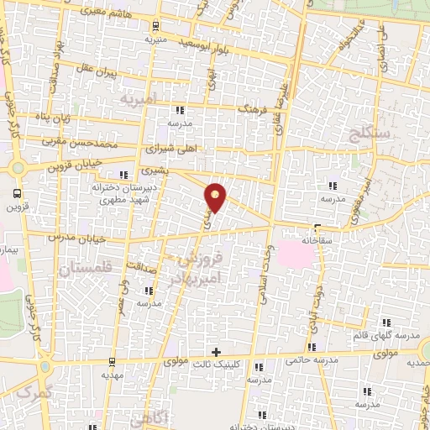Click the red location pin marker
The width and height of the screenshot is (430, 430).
[x=217, y=197]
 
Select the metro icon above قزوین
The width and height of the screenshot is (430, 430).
[x=16, y=189]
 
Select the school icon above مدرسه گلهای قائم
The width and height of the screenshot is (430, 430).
[x=386, y=322]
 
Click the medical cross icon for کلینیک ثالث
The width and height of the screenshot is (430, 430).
[x=217, y=351]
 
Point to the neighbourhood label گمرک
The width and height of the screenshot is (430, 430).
[x=35, y=392]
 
